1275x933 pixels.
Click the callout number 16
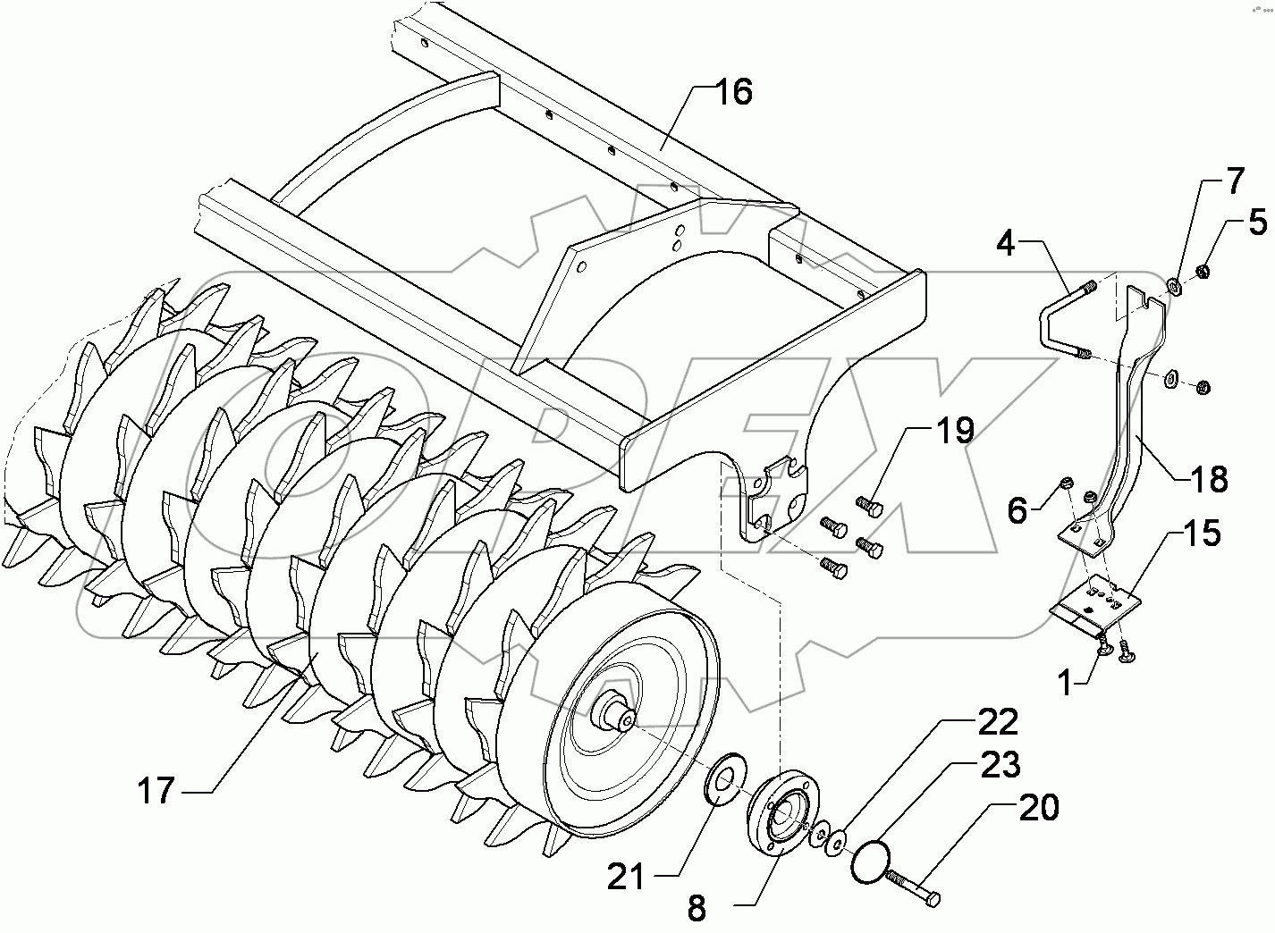pyautogui.click(x=733, y=92)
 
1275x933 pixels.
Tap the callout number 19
pyautogui.click(x=954, y=431)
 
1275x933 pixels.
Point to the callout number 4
pyautogui.click(x=1007, y=243)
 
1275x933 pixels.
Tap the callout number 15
pyautogui.click(x=1203, y=534)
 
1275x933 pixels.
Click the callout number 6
pyautogui.click(x=1017, y=510)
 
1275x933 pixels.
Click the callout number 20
pyautogui.click(x=1038, y=807)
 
